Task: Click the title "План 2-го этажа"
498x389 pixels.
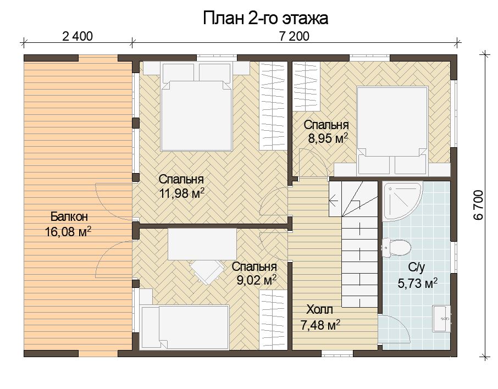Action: pyautogui.click(x=265, y=18)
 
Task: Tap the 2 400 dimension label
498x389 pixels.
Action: pyautogui.click(x=78, y=36)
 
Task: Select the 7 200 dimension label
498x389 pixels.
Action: pyautogui.click(x=294, y=36)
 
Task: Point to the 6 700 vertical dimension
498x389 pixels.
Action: pyautogui.click(x=478, y=205)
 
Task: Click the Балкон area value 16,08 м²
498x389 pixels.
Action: pyautogui.click(x=68, y=231)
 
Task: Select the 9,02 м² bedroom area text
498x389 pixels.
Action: pyautogui.click(x=256, y=280)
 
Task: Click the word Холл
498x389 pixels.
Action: pyautogui.click(x=319, y=309)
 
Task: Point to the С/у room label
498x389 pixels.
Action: pyautogui.click(x=417, y=268)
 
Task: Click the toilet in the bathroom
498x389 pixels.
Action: pyautogui.click(x=396, y=247)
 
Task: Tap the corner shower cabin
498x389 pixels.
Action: pyautogui.click(x=403, y=201)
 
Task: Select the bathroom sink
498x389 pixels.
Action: pyautogui.click(x=441, y=319)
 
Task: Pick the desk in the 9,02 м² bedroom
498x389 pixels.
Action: pyautogui.click(x=202, y=244)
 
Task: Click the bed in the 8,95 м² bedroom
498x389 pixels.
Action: pyautogui.click(x=392, y=130)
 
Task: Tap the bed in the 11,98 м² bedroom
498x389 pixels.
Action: pyautogui.click(x=196, y=107)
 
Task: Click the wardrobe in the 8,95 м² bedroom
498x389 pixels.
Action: pyautogui.click(x=306, y=86)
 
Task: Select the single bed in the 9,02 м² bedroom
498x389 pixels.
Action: pyautogui.click(x=185, y=327)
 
